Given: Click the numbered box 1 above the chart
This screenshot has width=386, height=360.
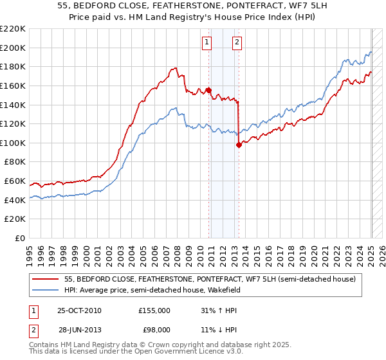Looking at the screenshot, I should point(207,42).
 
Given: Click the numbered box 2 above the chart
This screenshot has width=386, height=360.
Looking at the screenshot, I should point(237,42).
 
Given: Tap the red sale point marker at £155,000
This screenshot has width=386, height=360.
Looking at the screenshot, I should point(209,91).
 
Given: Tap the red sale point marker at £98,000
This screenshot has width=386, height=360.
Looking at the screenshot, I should point(239,145).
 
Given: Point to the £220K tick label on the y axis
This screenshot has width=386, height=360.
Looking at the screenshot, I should point(13,29).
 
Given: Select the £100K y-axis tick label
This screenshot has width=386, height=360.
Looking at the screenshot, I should point(13,143).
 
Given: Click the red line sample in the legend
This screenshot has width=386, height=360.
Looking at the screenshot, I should point(45,279).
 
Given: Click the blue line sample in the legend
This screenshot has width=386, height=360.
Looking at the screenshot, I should point(45,290).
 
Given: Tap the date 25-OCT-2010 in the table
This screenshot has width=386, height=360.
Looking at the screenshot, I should point(80,310).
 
